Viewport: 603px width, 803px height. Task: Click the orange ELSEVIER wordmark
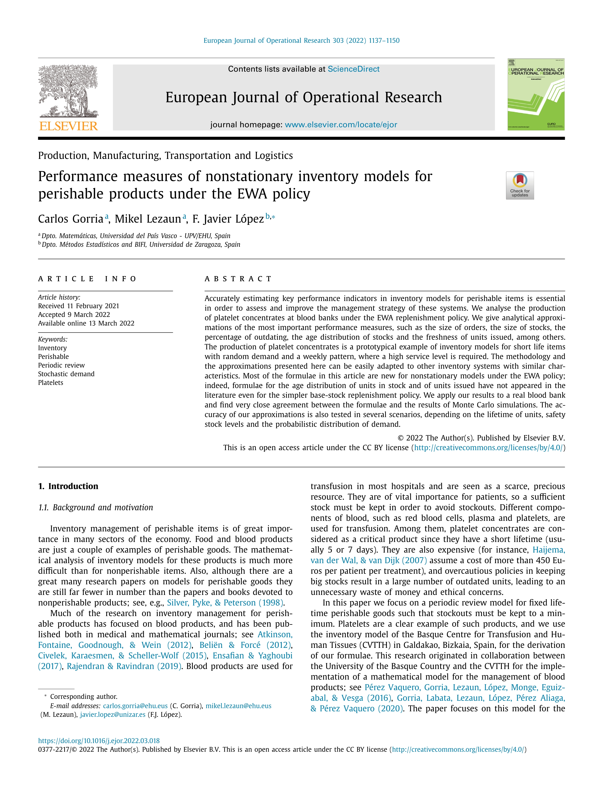click(68, 126)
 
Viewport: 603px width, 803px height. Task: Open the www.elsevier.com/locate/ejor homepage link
click(341, 125)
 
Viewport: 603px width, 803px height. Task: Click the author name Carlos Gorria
click(71, 219)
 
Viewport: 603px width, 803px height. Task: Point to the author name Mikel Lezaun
click(148, 219)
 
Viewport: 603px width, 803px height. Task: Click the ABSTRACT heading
click(238, 279)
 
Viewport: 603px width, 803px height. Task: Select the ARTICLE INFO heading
click(87, 279)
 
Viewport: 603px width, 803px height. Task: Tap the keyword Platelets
click(51, 383)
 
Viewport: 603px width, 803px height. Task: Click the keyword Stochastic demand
click(66, 374)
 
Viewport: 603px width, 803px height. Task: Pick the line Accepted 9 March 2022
click(74, 315)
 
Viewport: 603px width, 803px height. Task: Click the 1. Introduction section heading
click(68, 486)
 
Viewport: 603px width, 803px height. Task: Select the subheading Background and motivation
click(103, 507)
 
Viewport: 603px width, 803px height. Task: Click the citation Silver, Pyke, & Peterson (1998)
click(225, 603)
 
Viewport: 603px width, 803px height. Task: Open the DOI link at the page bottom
click(99, 741)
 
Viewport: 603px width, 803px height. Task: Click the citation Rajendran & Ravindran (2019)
click(124, 666)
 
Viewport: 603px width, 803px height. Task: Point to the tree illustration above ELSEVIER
click(68, 91)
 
